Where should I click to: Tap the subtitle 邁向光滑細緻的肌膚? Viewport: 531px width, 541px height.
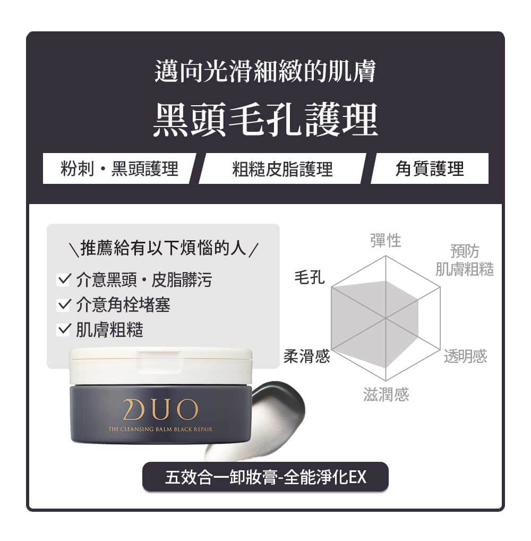pos(265,72)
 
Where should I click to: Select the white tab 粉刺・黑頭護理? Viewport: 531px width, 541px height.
pos(118,168)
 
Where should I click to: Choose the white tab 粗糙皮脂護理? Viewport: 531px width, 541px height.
pos(282,168)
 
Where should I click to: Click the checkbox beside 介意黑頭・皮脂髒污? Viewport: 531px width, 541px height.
pos(63,279)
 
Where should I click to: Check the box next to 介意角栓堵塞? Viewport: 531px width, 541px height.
pos(63,305)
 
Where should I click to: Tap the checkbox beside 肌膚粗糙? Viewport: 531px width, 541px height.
pos(63,330)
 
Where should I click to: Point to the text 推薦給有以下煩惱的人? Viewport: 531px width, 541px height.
pos(163,248)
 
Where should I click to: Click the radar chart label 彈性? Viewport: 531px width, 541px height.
pos(386,240)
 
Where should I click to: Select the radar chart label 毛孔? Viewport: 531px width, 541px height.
pos(309,277)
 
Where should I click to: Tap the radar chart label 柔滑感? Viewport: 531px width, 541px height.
pos(306,356)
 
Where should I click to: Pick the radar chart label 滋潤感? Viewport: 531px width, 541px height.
pos(386,394)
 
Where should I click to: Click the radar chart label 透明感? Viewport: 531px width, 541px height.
pos(465,356)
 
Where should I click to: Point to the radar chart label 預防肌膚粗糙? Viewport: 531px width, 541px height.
pos(464,260)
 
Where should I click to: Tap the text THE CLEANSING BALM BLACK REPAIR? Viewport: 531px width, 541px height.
pos(160,429)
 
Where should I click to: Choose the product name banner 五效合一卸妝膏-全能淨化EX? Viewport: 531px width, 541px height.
pos(265,477)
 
